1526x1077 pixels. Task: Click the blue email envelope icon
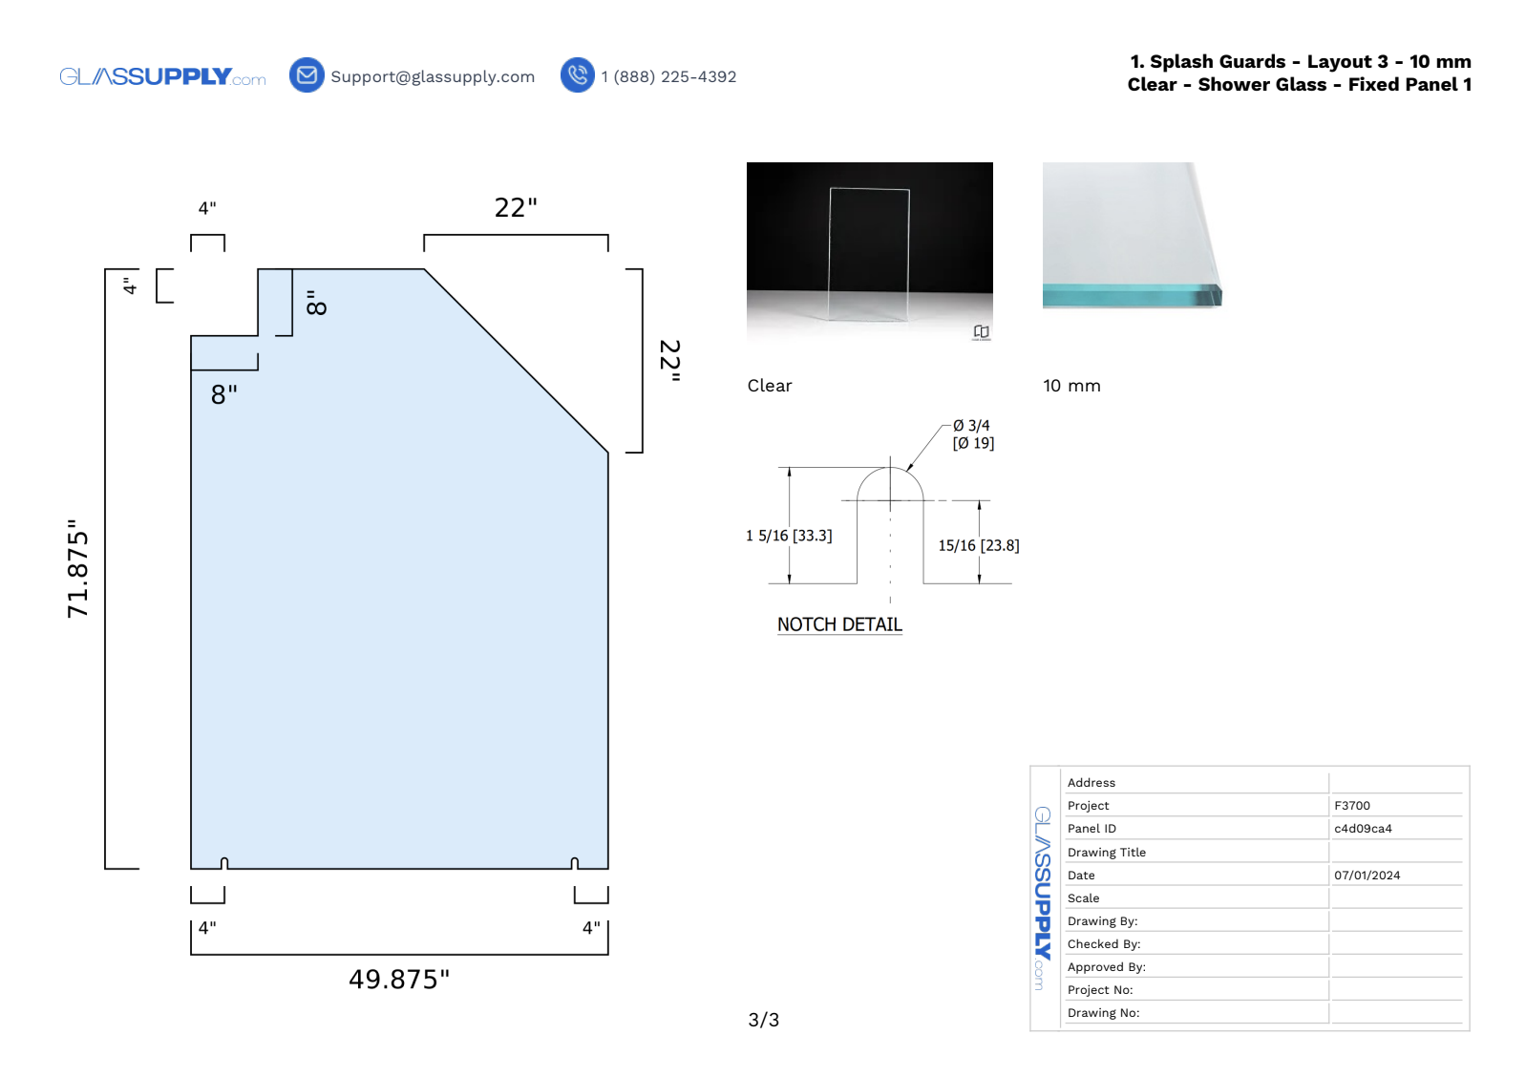pos(307,74)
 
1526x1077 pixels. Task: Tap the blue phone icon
pos(577,74)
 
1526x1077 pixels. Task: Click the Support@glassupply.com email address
pos(433,77)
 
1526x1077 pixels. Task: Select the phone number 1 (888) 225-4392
pos(668,77)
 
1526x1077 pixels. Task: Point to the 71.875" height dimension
pos(77,569)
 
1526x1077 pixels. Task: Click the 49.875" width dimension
pos(399,980)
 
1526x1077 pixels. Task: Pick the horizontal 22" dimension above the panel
pos(516,208)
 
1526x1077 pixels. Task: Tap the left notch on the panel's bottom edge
pos(224,864)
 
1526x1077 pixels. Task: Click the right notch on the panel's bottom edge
pos(574,864)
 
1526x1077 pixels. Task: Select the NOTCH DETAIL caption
pos(839,624)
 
